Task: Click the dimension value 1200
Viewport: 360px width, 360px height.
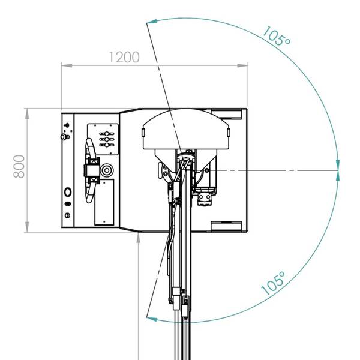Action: tap(124, 57)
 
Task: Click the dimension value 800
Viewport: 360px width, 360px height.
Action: tap(19, 166)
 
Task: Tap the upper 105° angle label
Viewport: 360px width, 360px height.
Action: tap(276, 36)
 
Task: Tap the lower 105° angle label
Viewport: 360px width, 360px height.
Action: tap(273, 284)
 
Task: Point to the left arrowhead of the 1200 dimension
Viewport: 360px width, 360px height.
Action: tap(67, 65)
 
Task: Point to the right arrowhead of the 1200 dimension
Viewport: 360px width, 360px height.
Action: tap(242, 65)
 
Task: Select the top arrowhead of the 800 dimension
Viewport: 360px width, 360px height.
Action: tap(27, 113)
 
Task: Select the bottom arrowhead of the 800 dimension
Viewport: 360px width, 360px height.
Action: tap(27, 227)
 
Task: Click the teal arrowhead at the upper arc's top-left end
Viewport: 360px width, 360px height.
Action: tap(152, 22)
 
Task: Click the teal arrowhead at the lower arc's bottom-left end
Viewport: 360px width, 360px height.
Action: tap(152, 319)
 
